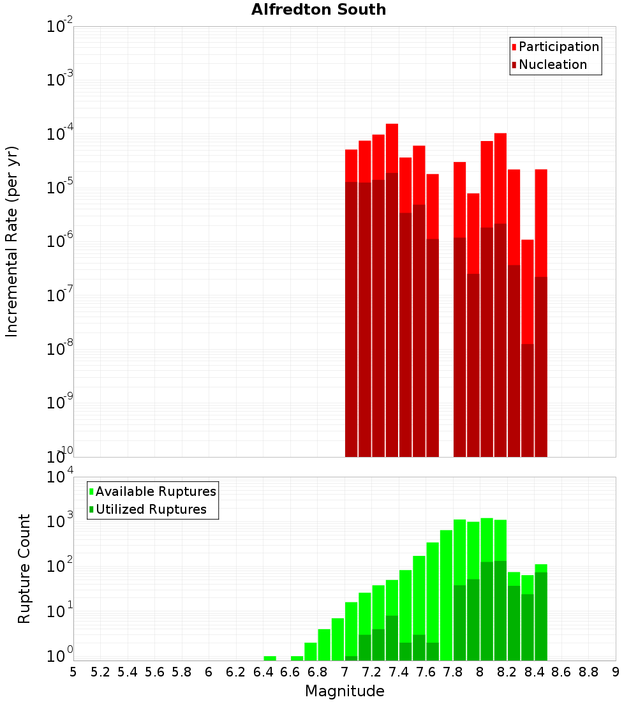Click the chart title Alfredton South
pos(318,10)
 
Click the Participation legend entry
pos(558,47)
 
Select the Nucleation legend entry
pos(553,64)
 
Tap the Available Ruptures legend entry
pos(155,491)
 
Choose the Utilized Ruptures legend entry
pos(151,509)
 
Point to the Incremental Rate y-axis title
pos(12,241)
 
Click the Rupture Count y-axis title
pos(24,569)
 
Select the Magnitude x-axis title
pos(345,691)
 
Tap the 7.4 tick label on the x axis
pos(399,672)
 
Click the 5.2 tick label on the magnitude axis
pos(100,672)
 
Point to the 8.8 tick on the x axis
pos(588,672)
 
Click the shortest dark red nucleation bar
pos(527,400)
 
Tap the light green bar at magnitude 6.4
pos(270,658)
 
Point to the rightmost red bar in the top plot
pos(541,223)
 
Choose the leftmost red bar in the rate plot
pos(351,165)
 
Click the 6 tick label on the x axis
pos(209,672)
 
